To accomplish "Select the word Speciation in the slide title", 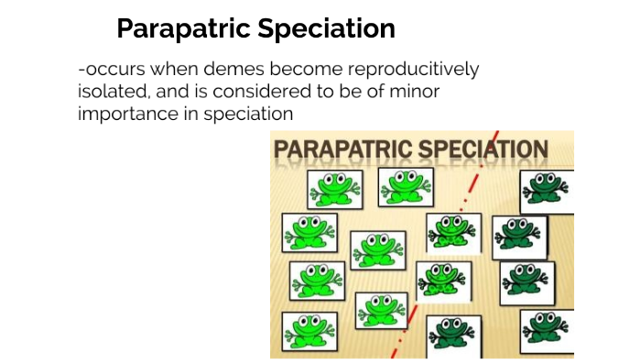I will [x=332, y=29].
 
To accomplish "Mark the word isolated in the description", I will [x=112, y=92].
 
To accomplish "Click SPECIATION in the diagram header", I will [x=483, y=148].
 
